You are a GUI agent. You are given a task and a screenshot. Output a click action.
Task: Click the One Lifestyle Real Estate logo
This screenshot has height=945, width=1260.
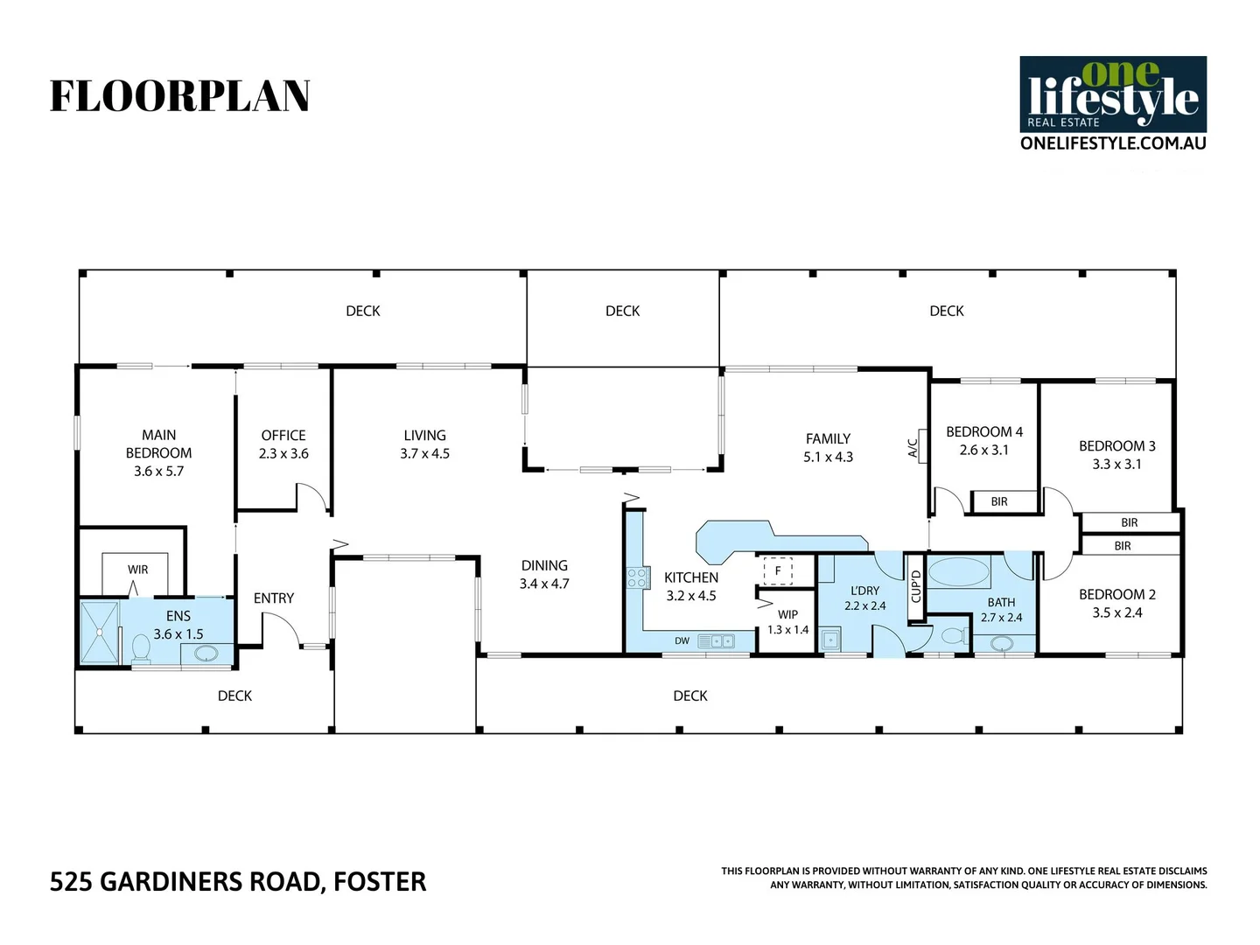coord(1113,94)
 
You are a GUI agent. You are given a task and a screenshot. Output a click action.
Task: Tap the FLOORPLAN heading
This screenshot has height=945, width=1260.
coord(180,96)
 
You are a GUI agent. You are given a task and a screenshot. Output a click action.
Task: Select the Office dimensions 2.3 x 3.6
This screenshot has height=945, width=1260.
coord(283,454)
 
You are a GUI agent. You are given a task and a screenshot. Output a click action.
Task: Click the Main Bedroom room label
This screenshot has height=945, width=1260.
coord(158,444)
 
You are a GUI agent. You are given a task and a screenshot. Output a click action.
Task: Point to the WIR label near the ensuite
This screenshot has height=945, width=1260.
coord(138,570)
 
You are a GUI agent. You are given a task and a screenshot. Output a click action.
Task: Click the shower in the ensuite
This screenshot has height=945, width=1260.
coord(100,631)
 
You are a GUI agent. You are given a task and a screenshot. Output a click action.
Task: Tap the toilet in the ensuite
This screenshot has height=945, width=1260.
coord(140,648)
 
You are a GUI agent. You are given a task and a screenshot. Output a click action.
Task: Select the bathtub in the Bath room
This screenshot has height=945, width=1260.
coord(958,574)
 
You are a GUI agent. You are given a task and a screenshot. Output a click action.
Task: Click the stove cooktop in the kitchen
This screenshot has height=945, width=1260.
coord(637,577)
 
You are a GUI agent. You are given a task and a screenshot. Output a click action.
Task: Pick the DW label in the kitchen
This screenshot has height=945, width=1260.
coord(682,641)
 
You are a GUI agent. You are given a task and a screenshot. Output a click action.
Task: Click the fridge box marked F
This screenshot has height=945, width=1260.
coord(777,571)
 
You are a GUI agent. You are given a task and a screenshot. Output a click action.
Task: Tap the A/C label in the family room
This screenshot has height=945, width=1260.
coord(913,448)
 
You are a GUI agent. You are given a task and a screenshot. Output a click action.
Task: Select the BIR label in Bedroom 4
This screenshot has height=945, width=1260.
coord(999,502)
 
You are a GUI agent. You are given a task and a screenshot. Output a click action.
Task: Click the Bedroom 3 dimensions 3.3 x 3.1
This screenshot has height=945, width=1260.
coord(1116,465)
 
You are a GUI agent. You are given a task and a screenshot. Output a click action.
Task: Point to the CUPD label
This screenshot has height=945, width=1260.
coord(916,586)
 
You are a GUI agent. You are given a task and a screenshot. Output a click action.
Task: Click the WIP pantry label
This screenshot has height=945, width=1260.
coord(787,615)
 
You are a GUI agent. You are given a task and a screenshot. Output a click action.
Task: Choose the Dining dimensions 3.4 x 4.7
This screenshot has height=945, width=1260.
coord(544,584)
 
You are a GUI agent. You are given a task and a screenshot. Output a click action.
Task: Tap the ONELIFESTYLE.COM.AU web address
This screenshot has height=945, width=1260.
coord(1113,143)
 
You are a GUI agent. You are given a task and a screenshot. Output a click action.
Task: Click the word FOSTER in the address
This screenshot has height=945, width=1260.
coord(380,882)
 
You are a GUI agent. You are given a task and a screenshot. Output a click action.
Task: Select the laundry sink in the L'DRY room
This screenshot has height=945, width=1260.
coord(829,640)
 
